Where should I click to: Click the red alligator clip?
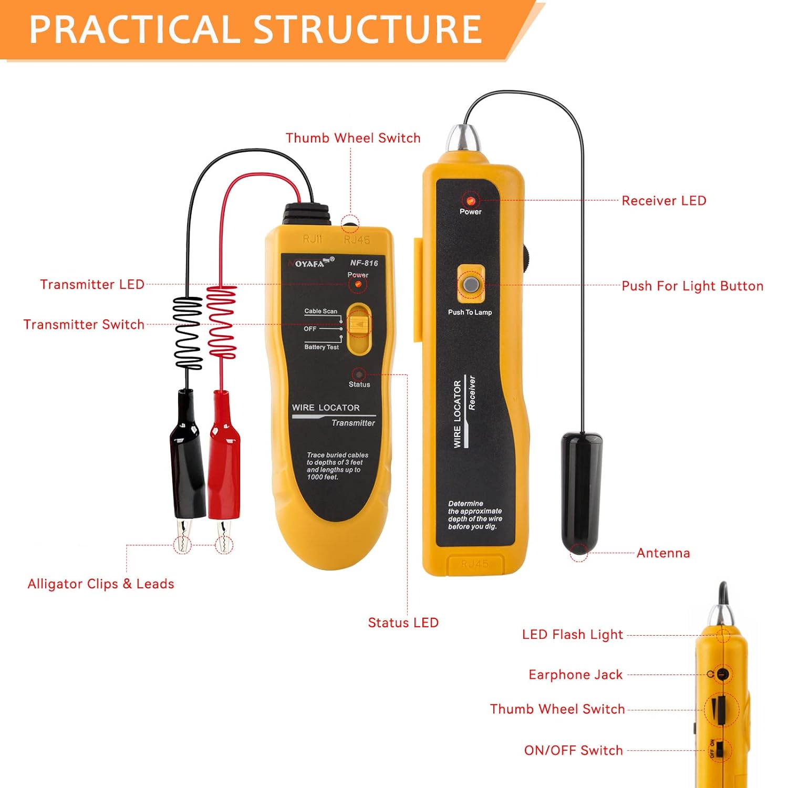point(224,457)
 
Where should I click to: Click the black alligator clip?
point(188,457)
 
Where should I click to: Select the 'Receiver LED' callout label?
point(663,201)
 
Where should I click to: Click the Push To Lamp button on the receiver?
point(471,285)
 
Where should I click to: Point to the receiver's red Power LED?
point(471,201)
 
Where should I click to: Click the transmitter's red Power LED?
point(358,284)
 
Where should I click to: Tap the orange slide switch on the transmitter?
point(359,325)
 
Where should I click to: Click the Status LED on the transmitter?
point(359,375)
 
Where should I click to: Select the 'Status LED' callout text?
point(403,623)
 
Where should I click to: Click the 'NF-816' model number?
point(364,263)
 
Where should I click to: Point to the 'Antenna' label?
point(663,553)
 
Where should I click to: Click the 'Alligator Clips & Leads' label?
point(101,584)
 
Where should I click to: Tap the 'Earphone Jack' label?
point(575,675)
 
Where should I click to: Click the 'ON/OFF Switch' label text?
point(573,751)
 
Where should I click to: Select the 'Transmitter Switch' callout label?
point(84,325)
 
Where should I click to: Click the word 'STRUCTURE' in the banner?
point(368,29)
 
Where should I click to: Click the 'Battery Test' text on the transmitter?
point(322,347)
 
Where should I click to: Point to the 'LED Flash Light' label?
point(572,635)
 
